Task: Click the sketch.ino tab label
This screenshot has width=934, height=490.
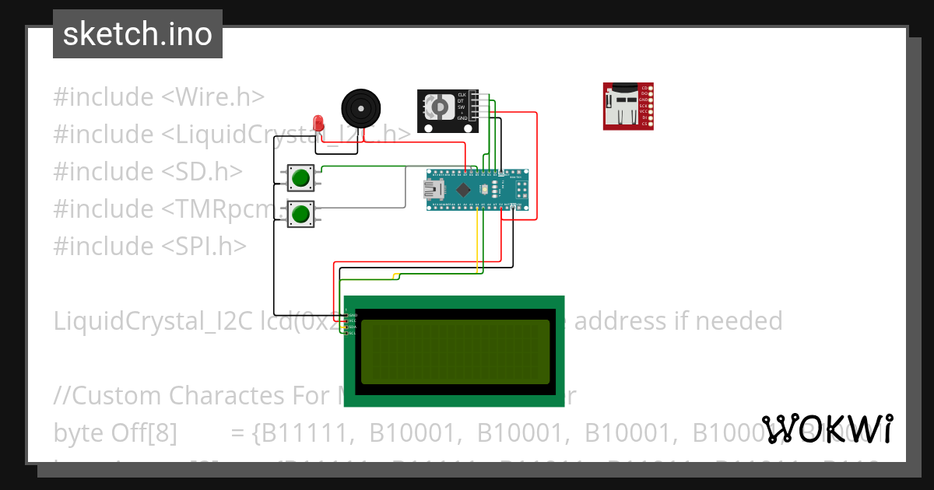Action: click(x=138, y=34)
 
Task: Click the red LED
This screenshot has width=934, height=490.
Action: click(x=318, y=123)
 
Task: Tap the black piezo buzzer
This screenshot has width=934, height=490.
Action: click(x=362, y=107)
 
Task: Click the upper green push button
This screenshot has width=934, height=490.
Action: click(x=300, y=178)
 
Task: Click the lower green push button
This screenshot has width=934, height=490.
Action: click(x=300, y=213)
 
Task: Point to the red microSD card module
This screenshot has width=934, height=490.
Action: click(x=627, y=106)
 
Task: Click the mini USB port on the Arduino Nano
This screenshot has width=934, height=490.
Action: click(x=433, y=190)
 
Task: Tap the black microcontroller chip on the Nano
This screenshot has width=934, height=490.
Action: click(x=464, y=190)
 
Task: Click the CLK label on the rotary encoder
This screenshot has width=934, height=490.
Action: click(x=462, y=94)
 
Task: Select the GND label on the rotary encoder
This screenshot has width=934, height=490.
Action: click(x=462, y=118)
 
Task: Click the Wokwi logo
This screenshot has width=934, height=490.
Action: click(x=827, y=429)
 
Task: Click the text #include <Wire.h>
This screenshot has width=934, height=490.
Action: click(x=159, y=97)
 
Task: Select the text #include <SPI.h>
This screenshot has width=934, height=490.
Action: click(x=149, y=246)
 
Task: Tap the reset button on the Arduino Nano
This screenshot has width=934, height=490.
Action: click(x=485, y=190)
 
